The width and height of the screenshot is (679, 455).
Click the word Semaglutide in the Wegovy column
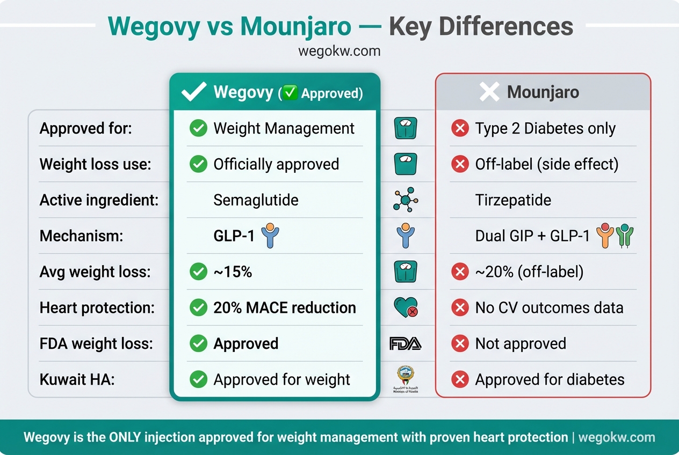coord(256,200)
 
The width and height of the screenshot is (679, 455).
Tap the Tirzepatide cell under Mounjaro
coord(513,200)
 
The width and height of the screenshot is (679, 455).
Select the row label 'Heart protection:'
coord(97,307)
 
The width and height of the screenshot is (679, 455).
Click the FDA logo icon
coord(405,343)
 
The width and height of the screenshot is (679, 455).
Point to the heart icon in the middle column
coord(405,307)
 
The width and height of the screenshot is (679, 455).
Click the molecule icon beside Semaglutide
coord(405,200)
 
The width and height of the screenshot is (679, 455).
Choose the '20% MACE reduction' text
coord(285,307)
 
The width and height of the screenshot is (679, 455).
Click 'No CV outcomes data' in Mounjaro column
coord(549,307)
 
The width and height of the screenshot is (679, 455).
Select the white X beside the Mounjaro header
coord(489,92)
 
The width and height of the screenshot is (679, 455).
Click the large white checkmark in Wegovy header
coord(194,92)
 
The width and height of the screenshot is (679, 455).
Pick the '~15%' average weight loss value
coord(233,272)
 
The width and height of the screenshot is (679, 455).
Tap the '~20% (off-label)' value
coord(529,272)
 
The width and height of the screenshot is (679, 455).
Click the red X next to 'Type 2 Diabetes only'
coord(460,129)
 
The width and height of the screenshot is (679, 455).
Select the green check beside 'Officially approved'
coord(198,164)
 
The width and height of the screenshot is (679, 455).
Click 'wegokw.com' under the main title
coord(339,52)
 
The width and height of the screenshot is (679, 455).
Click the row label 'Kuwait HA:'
coord(77,379)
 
